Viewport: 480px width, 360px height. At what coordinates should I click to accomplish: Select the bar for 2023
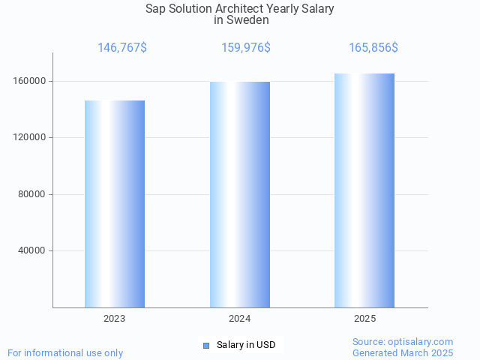pos(115,204)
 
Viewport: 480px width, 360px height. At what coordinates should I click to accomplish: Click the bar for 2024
pos(240,195)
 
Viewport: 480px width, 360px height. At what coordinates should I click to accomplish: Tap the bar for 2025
pos(364,190)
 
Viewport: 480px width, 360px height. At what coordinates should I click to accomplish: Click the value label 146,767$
pos(122,48)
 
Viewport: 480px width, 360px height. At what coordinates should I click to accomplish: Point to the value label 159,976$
pos(246,48)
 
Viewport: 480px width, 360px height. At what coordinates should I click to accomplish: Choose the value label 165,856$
pos(373,48)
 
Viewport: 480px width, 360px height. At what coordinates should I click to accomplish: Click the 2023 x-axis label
pos(115,319)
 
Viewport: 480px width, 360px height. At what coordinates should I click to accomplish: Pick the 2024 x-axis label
pos(240,319)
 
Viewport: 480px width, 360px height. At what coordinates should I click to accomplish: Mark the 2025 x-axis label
pos(364,319)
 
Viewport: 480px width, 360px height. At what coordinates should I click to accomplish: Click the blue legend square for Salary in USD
pos(206,345)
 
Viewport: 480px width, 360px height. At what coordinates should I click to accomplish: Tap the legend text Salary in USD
pos(246,345)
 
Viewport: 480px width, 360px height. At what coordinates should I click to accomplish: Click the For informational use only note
pos(65,352)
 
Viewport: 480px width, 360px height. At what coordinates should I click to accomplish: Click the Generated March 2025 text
pos(403,352)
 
